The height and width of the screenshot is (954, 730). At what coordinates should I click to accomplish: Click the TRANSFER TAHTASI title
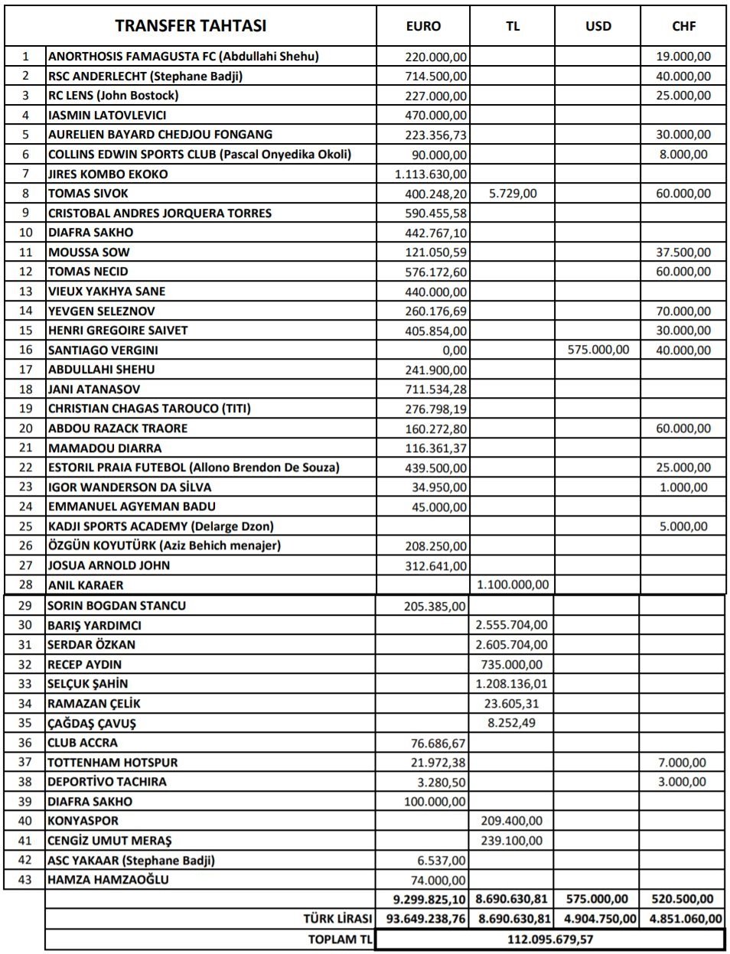pos(191,26)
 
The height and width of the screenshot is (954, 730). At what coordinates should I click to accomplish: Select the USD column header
pos(598,26)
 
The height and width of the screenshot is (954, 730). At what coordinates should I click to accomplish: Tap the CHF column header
pos(683,26)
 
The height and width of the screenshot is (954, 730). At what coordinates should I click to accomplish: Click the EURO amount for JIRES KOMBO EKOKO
pos(431,174)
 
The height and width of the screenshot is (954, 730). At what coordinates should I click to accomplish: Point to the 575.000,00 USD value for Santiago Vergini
pos(598,350)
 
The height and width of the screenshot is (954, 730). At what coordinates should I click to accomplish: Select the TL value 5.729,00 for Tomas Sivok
pos(513,194)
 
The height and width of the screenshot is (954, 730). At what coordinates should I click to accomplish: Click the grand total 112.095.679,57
pos(549,939)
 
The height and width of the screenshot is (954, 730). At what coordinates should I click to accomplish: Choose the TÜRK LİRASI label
pos(337,919)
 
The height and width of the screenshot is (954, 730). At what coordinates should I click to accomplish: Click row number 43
pos(25,880)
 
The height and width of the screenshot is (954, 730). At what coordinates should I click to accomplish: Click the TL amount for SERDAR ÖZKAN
pos(512,645)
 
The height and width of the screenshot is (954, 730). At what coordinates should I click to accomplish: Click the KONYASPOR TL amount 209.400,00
pos(512,821)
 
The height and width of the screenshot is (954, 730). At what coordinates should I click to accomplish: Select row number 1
pos(25,56)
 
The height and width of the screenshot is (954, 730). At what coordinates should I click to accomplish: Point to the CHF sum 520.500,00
pos(682,900)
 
